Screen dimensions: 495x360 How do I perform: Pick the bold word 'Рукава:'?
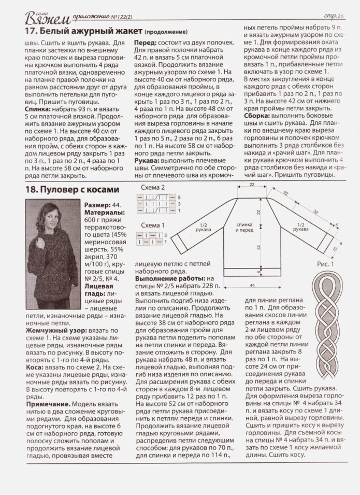coord(148,161)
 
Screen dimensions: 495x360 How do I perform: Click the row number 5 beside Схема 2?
coord(179,198)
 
